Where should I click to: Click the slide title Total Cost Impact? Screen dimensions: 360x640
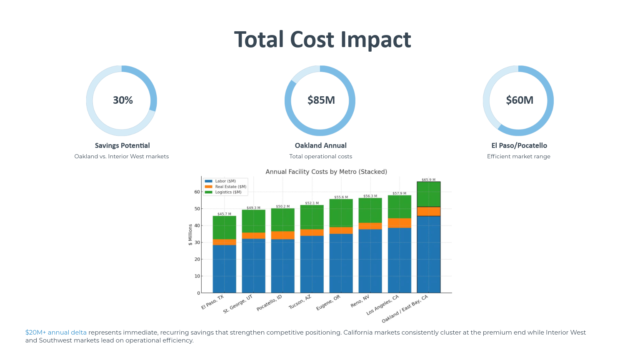coord(322,40)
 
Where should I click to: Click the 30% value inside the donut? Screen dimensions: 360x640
coord(123,100)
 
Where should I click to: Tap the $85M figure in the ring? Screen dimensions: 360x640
coord(321,100)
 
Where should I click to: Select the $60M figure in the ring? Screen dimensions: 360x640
coord(520,100)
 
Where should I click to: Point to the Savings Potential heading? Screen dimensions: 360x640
coord(122,145)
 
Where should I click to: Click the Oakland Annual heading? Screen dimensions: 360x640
coord(320,145)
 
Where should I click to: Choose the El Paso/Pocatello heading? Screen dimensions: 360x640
coord(519,145)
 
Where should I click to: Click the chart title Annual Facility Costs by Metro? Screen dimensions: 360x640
coord(326,172)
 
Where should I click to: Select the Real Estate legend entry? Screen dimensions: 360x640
coord(230,187)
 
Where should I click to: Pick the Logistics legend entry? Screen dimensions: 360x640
coord(228,192)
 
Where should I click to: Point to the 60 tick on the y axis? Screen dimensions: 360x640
coord(197,192)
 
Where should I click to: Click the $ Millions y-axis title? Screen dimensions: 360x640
coord(190,235)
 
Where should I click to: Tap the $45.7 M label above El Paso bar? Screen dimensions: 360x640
coord(224,214)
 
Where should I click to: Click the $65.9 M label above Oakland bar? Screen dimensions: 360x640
coord(428,180)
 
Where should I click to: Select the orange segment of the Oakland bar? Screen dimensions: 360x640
coord(428,211)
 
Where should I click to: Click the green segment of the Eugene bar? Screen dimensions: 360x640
coord(341,213)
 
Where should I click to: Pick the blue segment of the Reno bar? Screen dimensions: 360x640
coord(370,261)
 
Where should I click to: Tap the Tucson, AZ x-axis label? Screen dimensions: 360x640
coord(300,302)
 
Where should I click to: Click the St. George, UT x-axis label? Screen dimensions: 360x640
coord(238,304)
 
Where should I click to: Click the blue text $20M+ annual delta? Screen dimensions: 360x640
coord(56,332)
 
